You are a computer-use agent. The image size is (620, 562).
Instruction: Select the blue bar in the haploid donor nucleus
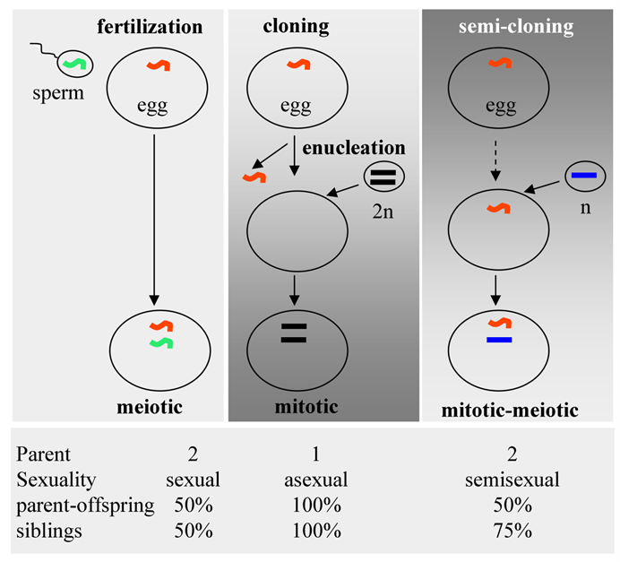click(x=584, y=176)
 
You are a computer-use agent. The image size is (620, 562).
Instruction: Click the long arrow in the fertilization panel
click(x=154, y=215)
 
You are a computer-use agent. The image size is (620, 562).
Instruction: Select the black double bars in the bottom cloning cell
click(x=293, y=333)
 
